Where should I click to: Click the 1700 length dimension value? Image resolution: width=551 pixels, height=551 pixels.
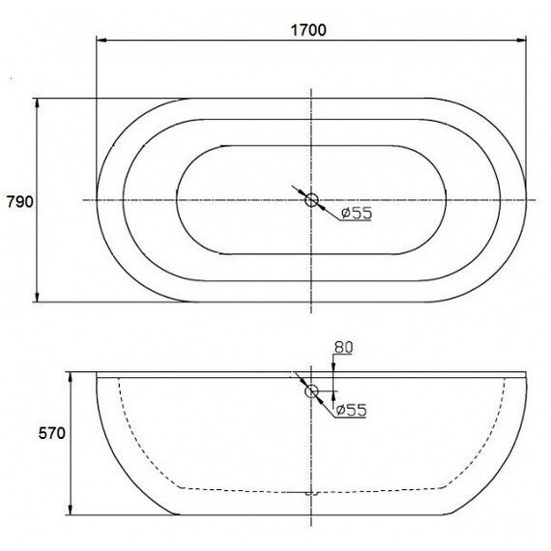308,30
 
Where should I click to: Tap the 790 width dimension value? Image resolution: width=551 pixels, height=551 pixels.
20,202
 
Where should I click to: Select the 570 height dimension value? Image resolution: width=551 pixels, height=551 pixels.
51,433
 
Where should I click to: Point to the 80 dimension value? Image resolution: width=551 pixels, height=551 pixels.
343,348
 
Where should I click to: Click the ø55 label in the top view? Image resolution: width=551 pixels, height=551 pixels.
357,213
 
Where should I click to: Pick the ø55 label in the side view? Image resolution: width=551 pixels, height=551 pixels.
351,410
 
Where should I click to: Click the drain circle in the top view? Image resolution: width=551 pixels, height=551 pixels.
311,200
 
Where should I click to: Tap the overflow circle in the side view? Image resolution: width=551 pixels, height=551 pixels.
311,391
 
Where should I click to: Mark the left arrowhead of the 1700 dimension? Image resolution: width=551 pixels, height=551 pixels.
101,41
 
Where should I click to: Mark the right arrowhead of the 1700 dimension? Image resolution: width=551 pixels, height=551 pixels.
521,41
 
